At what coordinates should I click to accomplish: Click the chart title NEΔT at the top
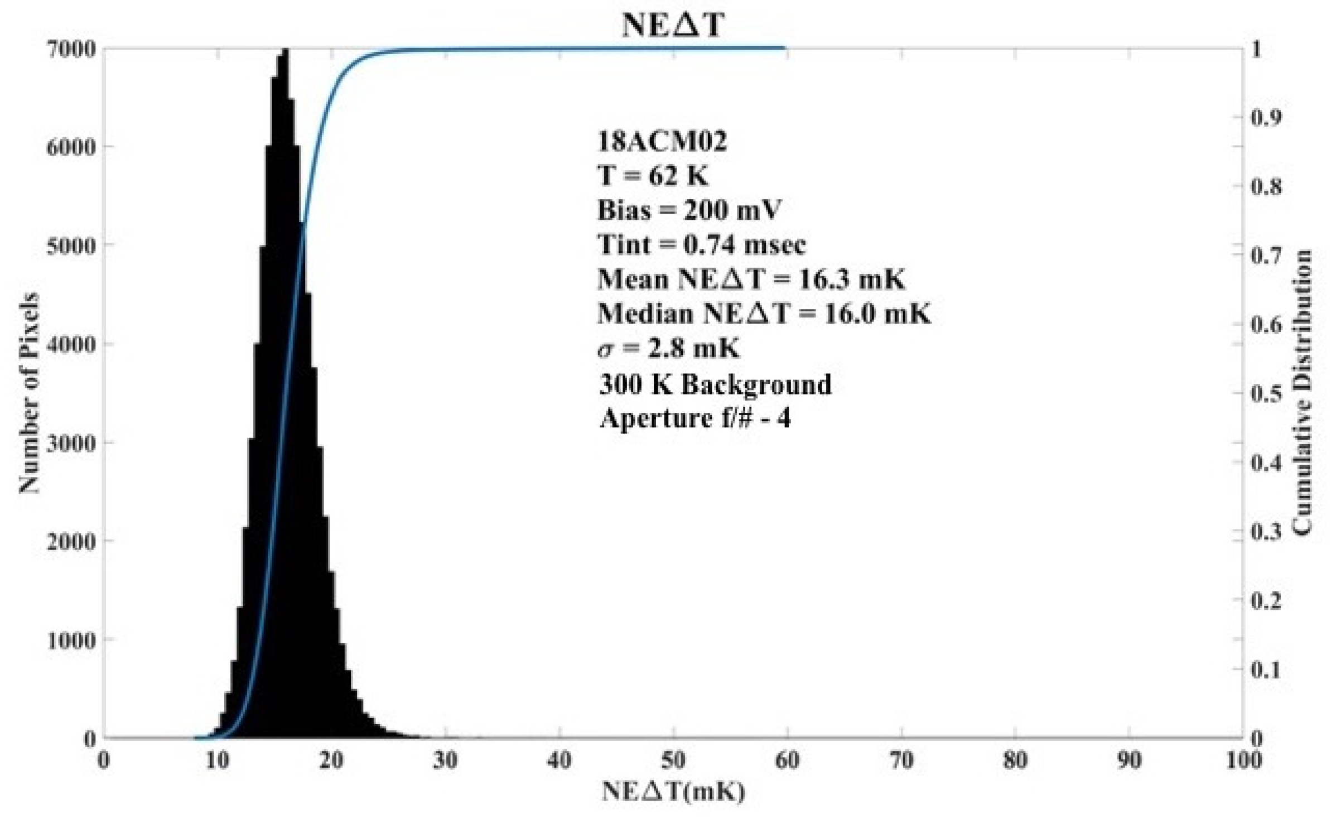point(673,25)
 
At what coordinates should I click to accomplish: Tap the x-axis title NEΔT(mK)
point(673,792)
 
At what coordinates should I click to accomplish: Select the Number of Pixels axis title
point(30,393)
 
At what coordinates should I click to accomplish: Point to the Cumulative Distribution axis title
point(1303,393)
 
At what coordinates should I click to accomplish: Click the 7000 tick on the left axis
point(71,49)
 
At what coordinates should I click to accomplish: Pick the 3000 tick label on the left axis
point(71,443)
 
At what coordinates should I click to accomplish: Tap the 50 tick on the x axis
point(673,760)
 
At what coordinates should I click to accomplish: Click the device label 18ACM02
point(662,142)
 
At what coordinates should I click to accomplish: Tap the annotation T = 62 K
point(652,176)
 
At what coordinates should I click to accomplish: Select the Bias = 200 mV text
point(689,210)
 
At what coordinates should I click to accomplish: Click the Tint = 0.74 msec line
point(701,245)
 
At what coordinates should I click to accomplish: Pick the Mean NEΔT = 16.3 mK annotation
point(751,280)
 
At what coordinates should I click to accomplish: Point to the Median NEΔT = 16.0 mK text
point(764,314)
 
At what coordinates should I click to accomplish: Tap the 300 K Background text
point(715,385)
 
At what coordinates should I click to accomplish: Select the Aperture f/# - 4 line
point(695,418)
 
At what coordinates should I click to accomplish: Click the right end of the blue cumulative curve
point(785,48)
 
